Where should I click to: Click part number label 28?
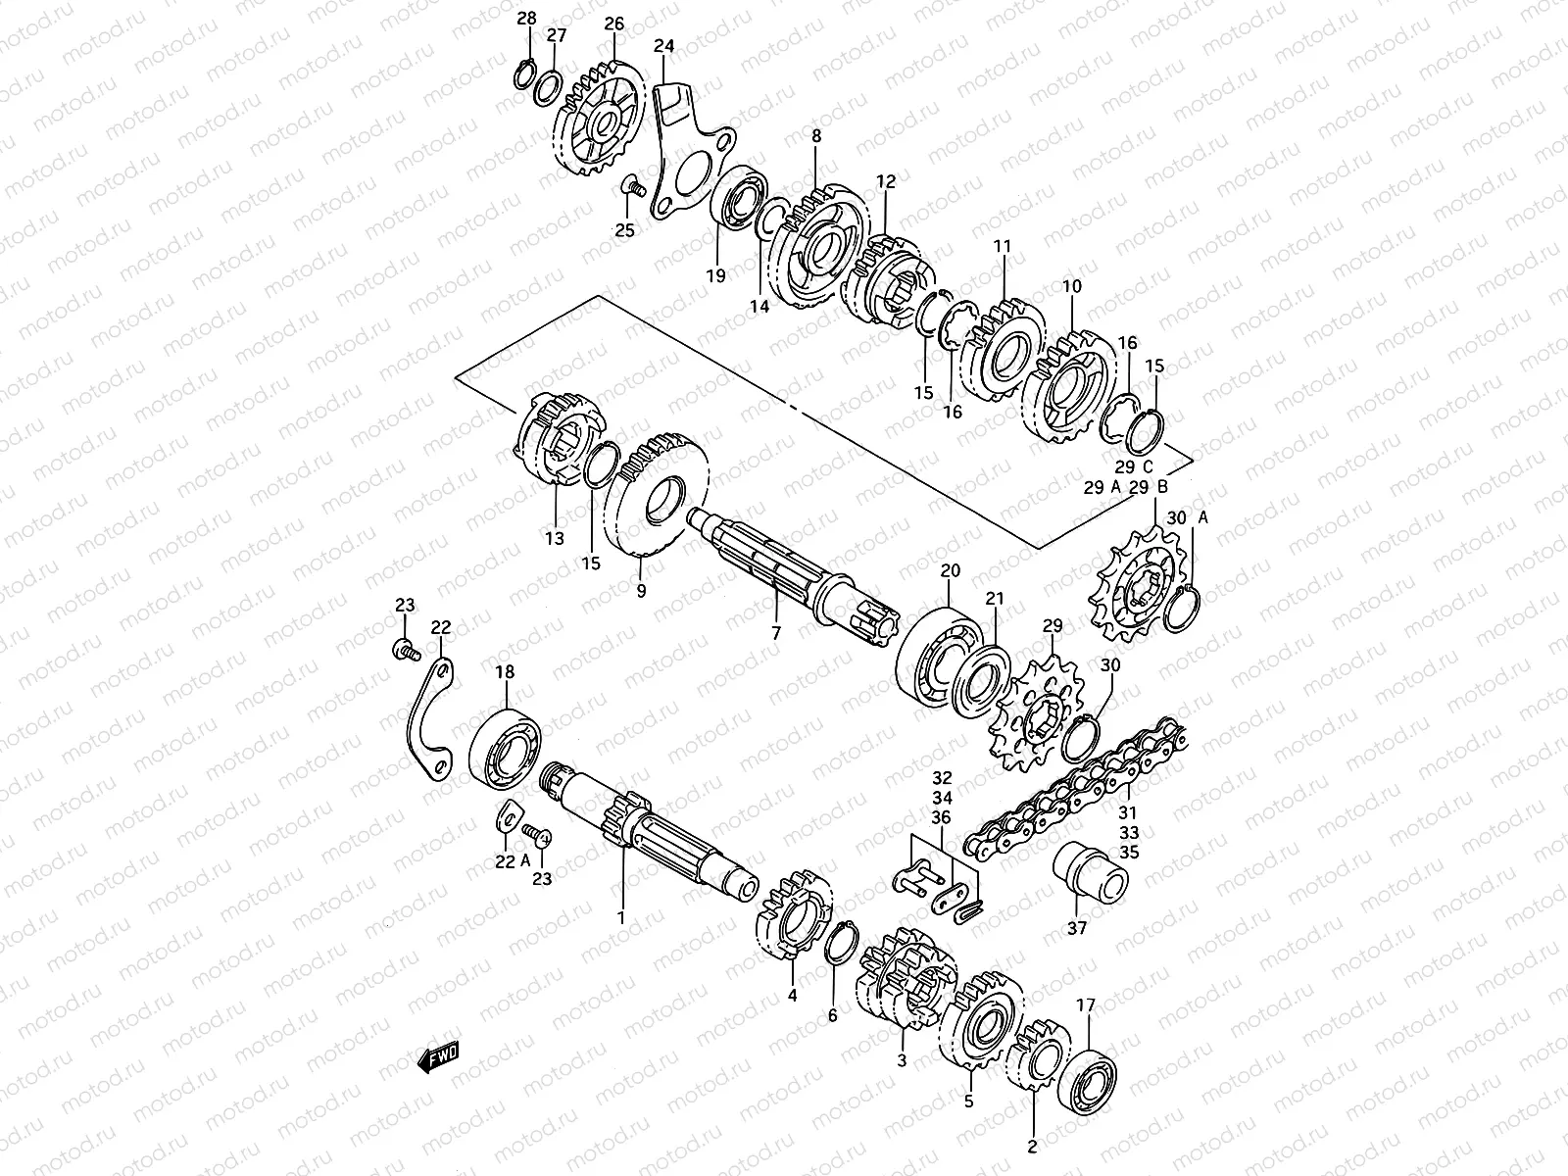click(x=526, y=19)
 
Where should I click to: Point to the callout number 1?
click(x=619, y=917)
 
